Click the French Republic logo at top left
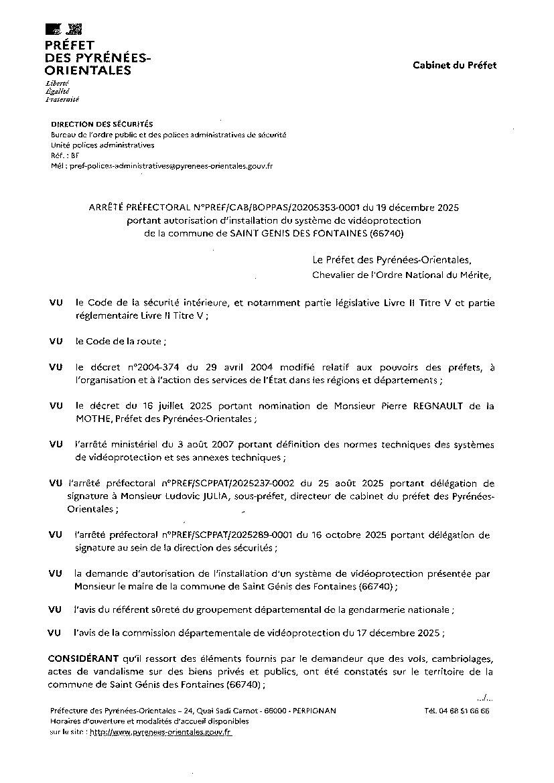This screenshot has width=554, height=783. (x=64, y=29)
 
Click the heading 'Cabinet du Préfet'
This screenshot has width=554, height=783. (x=454, y=65)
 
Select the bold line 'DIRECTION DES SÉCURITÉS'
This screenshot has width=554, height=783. (x=102, y=124)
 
